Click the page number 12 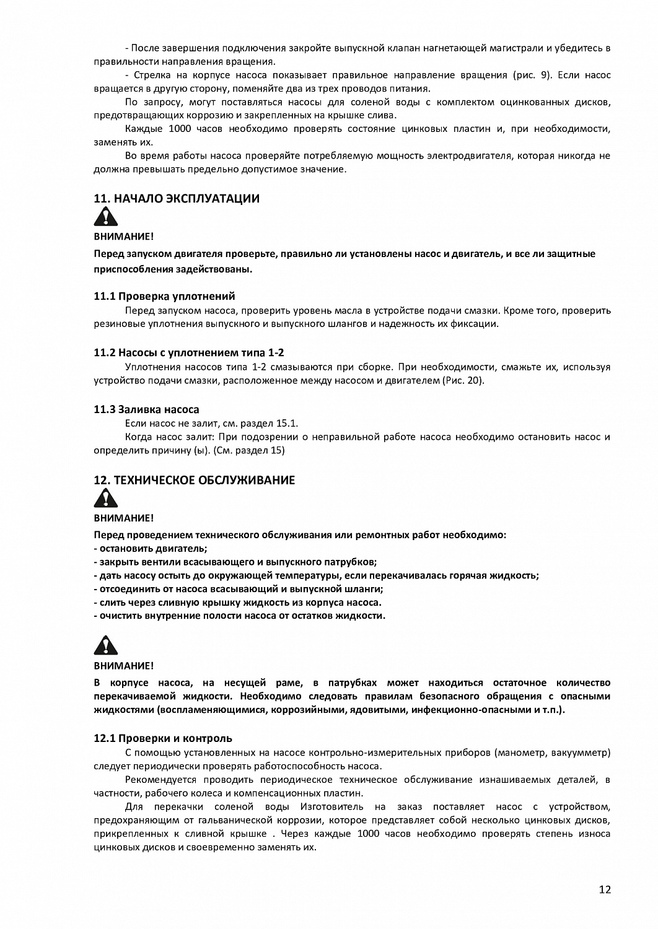(605, 890)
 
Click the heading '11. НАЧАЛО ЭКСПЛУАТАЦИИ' (177, 199)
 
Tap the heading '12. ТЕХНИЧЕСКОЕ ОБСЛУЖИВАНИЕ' (194, 480)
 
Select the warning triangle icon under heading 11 (105, 217)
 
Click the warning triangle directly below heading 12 (105, 498)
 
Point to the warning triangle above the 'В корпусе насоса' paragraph (105, 645)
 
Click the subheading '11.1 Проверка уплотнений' (164, 296)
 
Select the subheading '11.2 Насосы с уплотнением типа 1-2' (188, 352)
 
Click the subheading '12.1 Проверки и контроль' (163, 738)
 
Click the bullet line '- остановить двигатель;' (150, 548)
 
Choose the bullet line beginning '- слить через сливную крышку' (237, 602)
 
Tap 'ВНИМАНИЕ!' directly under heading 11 (123, 236)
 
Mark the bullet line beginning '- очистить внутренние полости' (239, 616)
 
